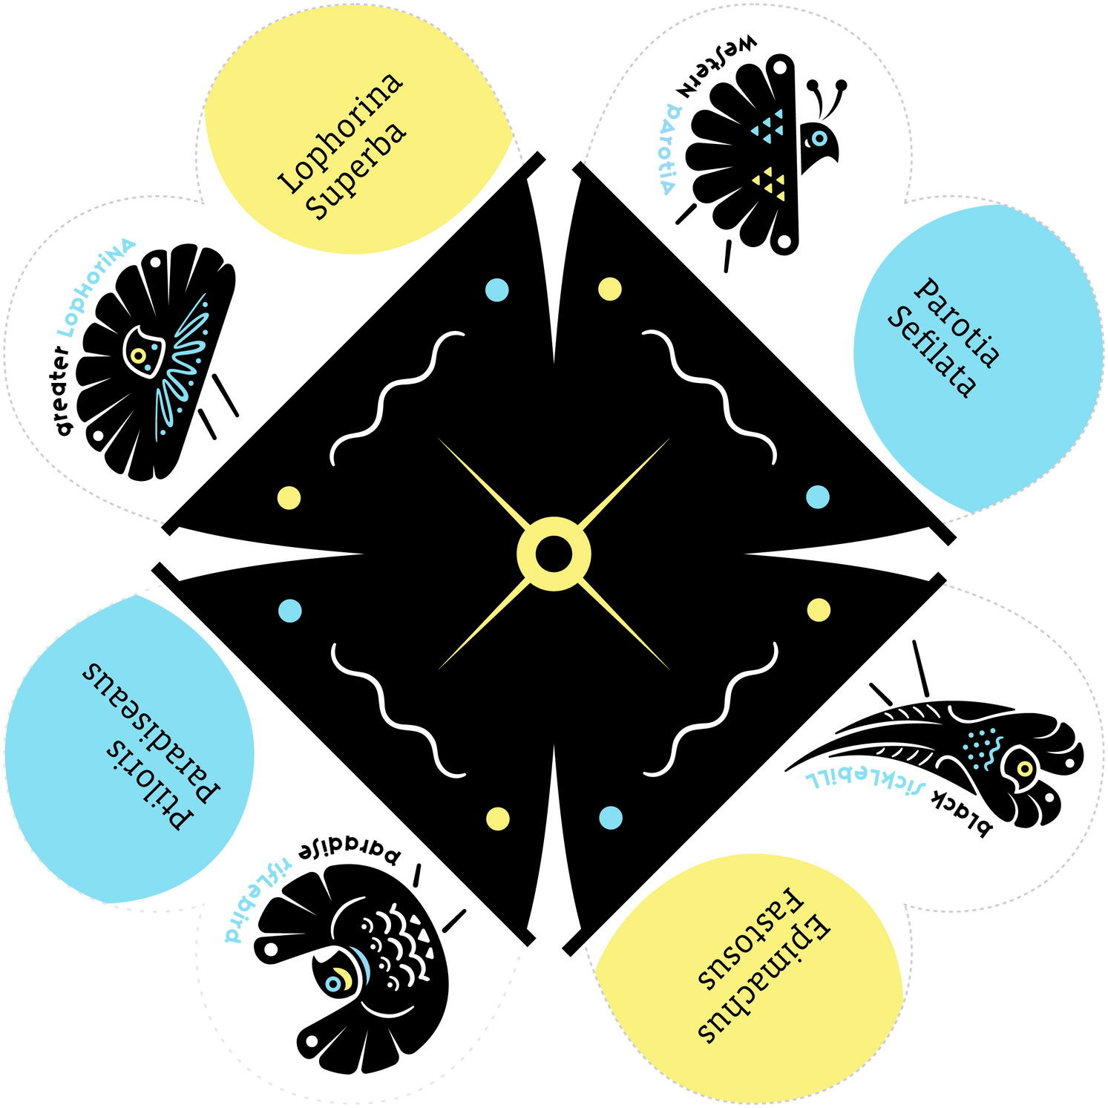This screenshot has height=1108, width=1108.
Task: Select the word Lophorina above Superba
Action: [341, 134]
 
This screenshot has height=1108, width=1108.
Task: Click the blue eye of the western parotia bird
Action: [819, 138]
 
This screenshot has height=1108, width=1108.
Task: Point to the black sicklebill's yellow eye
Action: [1023, 767]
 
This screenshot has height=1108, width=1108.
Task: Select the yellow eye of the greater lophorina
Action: [138, 355]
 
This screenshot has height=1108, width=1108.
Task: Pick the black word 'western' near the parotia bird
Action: [716, 68]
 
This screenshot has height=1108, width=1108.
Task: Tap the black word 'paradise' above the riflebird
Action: [350, 853]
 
